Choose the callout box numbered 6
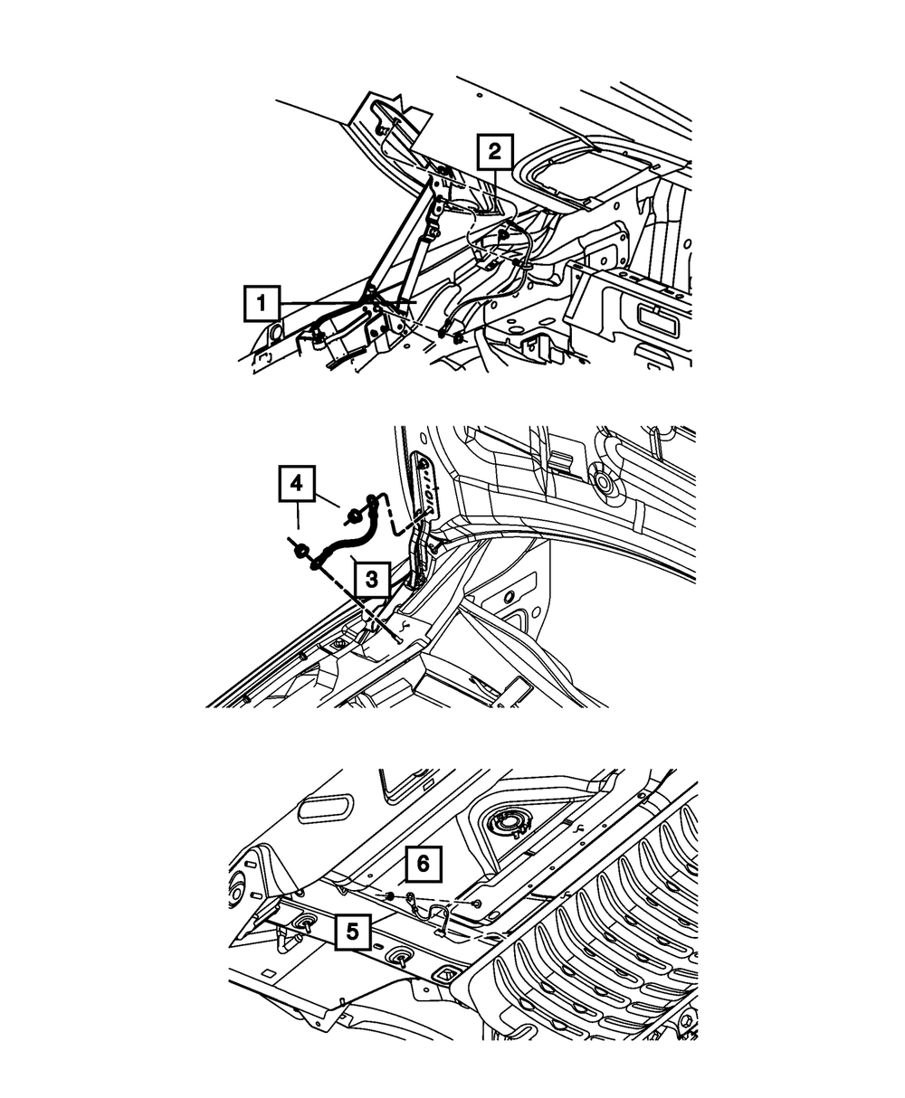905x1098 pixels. pyautogui.click(x=422, y=865)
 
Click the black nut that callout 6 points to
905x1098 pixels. pyautogui.click(x=389, y=895)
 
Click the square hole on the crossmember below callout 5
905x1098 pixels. pyautogui.click(x=444, y=976)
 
